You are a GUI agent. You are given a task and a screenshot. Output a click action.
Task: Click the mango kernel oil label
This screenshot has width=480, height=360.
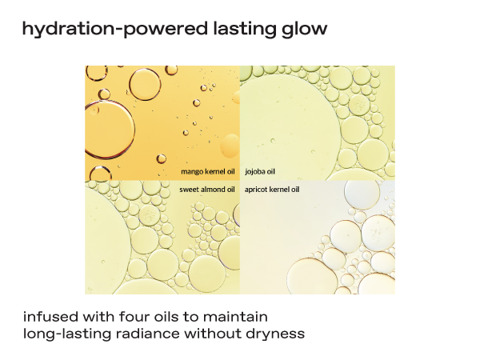coord(208,171)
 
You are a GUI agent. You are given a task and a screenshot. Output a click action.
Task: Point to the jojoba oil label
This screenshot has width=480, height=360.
coord(260,171)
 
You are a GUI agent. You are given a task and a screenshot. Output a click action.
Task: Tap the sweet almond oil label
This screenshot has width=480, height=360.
coord(207,190)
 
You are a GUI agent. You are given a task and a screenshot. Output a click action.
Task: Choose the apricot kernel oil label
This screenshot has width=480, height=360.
coord(272,190)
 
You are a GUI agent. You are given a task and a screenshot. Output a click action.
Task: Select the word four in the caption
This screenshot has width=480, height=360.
coord(134,317)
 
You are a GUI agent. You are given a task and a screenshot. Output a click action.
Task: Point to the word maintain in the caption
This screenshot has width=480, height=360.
coord(235,317)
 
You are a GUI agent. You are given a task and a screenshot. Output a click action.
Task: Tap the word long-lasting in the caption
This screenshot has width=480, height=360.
coord(67,334)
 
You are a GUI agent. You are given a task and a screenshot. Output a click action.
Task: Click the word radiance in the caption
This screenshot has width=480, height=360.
coord(148,334)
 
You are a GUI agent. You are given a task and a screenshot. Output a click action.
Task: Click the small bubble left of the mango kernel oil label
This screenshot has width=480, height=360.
coord(162,158)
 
